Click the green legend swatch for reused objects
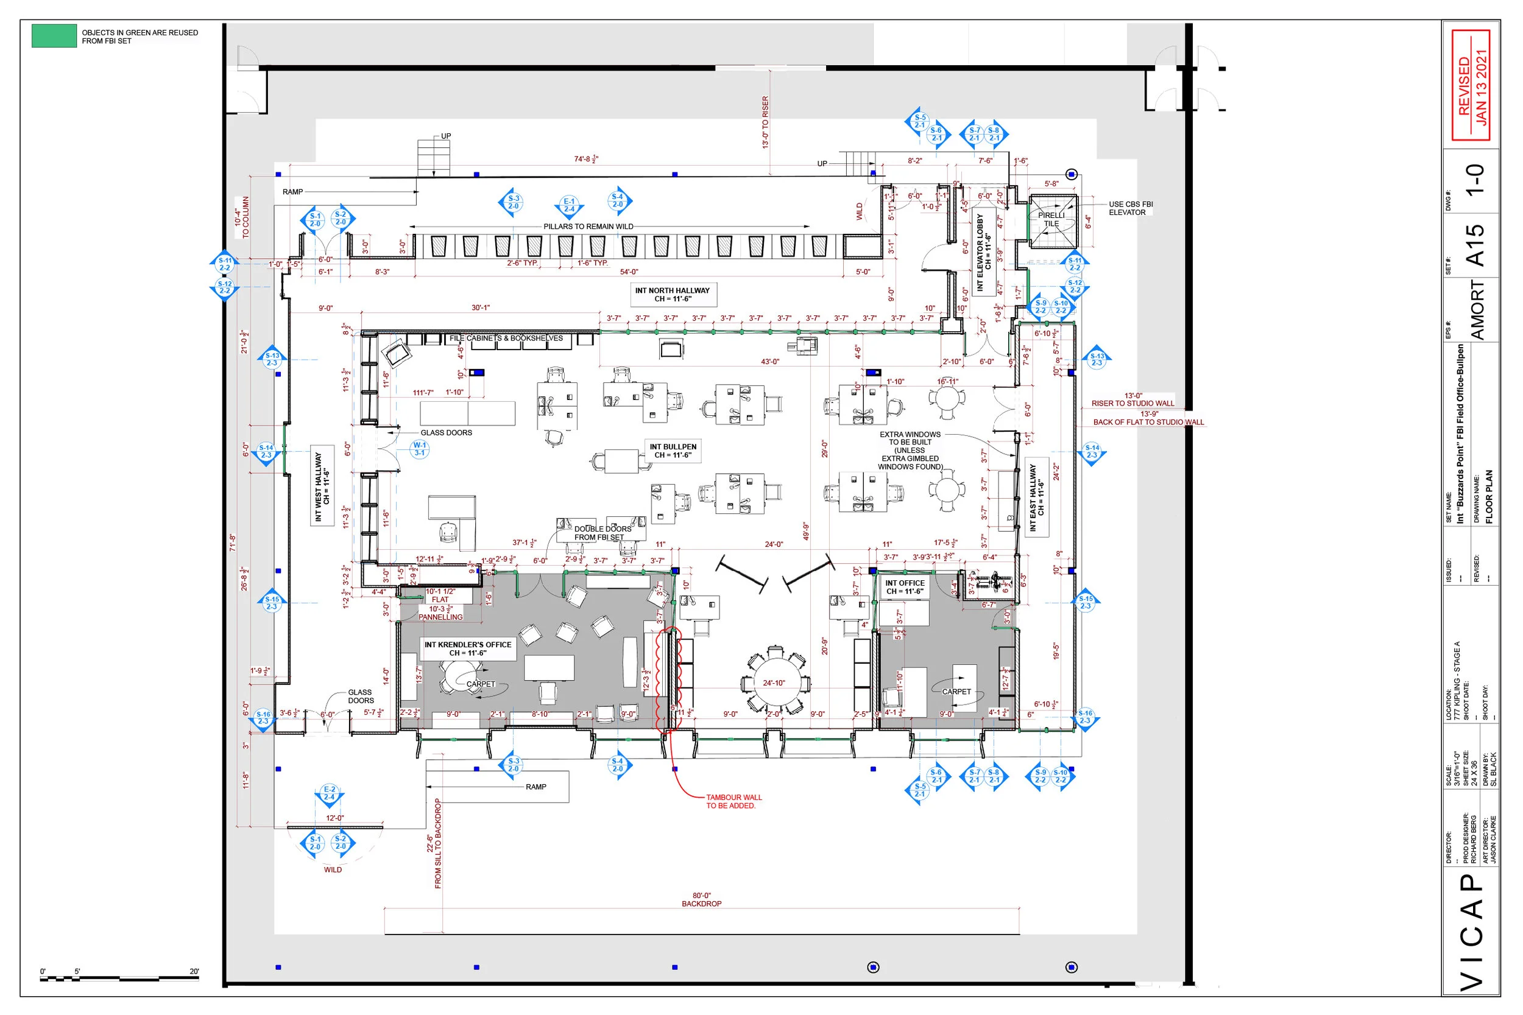[x=54, y=35]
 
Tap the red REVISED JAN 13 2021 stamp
[x=1471, y=85]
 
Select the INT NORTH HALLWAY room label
[x=672, y=295]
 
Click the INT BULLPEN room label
[x=673, y=451]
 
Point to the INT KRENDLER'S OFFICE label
[x=467, y=648]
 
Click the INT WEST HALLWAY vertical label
[x=322, y=486]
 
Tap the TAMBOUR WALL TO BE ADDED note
[x=733, y=801]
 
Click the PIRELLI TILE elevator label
[x=1051, y=219]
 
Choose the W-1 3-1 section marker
[x=420, y=449]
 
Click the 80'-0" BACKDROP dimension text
[x=701, y=900]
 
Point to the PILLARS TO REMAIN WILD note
[x=588, y=227]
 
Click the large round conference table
[x=775, y=683]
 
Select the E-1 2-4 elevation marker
[x=568, y=205]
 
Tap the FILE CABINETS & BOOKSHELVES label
[x=506, y=338]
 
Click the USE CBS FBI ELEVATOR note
[x=1130, y=208]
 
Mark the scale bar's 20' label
[x=194, y=971]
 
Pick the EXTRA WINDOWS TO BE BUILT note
[x=910, y=451]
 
